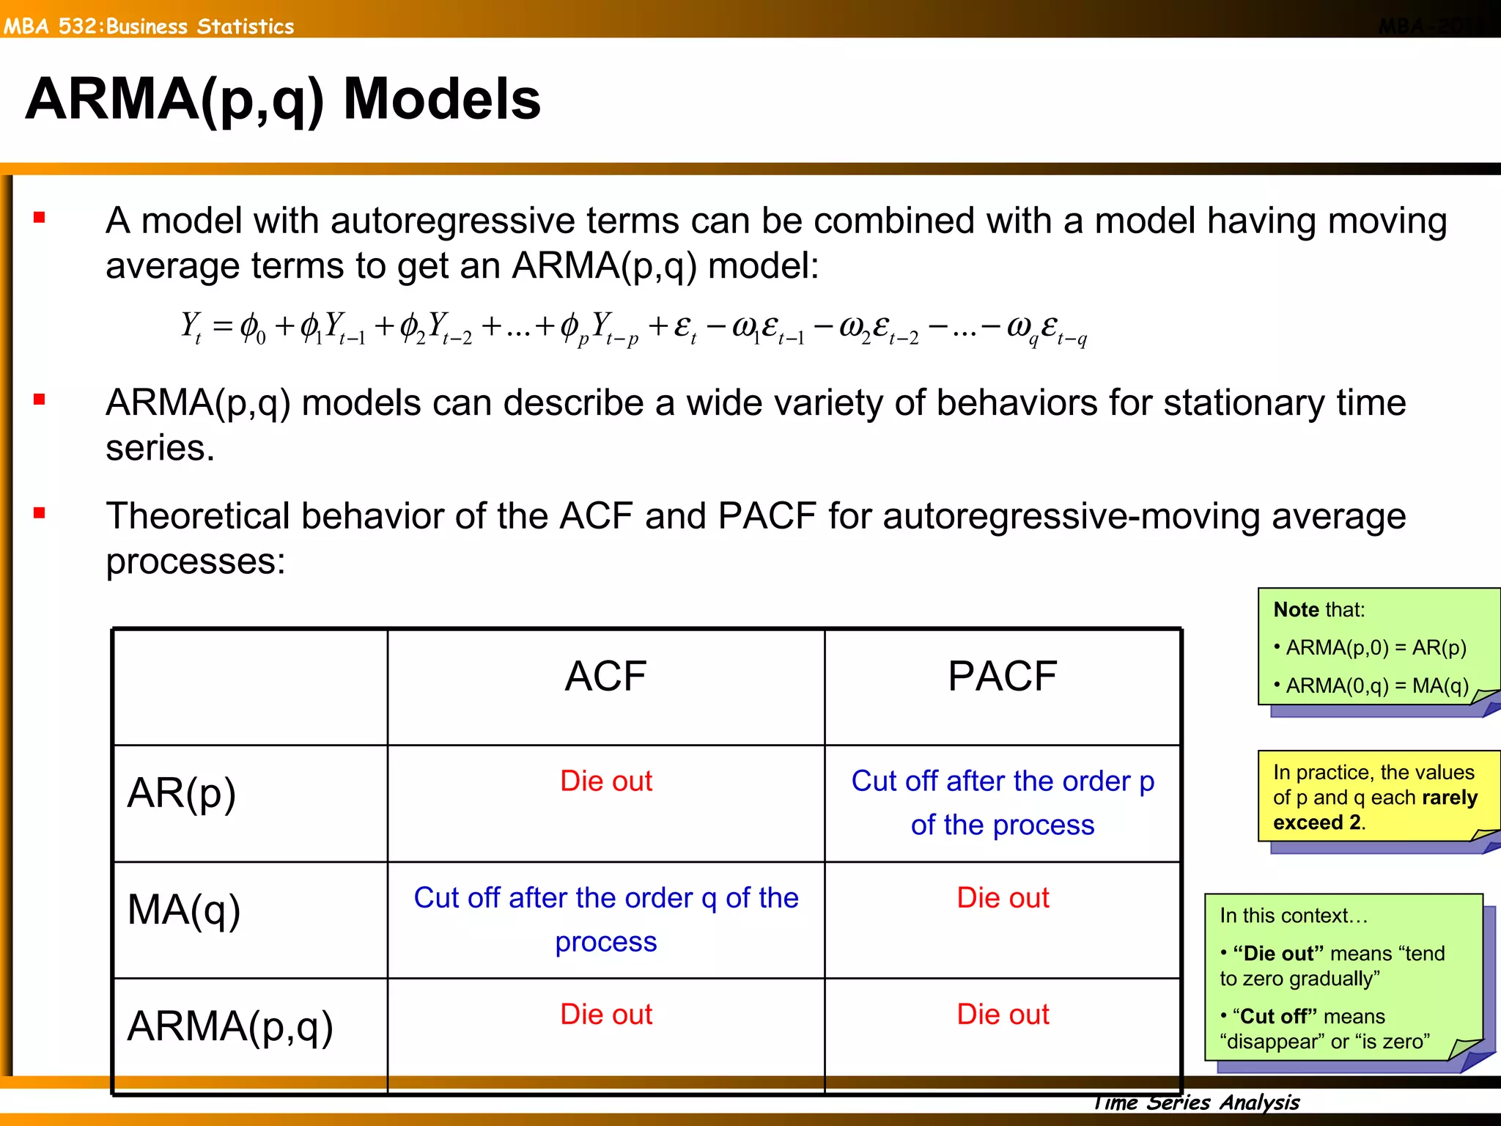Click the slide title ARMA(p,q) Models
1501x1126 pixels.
point(283,100)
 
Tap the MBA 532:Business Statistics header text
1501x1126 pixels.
point(149,26)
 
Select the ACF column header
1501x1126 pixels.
point(605,676)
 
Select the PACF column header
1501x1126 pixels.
point(1002,676)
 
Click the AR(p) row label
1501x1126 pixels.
point(182,793)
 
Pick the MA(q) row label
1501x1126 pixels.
point(184,910)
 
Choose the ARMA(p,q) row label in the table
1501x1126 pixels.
point(230,1026)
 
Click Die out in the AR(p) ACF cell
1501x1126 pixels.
point(605,781)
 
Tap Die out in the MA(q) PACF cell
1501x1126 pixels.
point(1002,897)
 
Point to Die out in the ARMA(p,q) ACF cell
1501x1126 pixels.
point(605,1014)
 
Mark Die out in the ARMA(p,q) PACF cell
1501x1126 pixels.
point(1002,1014)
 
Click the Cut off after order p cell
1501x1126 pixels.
point(1002,803)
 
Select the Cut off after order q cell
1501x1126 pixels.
point(605,919)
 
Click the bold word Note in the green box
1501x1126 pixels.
point(1296,610)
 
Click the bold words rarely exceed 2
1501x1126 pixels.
point(1375,810)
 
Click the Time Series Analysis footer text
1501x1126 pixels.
point(1196,1102)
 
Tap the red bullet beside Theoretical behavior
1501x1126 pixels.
point(40,513)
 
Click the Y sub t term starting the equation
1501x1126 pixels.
point(191,326)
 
